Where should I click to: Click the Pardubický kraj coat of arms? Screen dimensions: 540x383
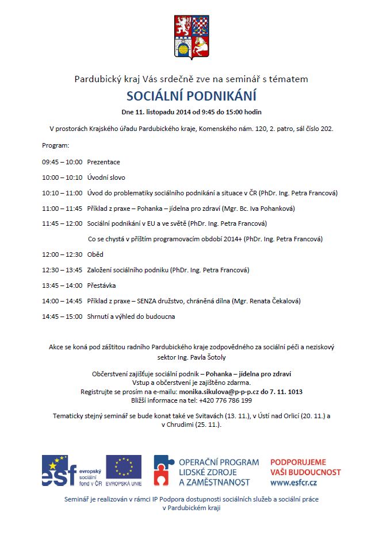point(191,38)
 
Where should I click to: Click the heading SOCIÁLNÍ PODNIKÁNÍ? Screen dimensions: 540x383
point(191,95)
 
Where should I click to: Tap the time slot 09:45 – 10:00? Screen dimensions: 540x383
point(62,162)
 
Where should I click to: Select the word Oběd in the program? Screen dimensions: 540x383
point(95,254)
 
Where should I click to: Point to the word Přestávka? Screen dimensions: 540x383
point(102,286)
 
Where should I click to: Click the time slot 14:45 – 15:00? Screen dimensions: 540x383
point(62,317)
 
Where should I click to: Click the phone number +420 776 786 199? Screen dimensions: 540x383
point(223,400)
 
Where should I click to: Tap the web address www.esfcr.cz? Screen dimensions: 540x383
point(294,483)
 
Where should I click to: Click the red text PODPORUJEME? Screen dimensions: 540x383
point(298,462)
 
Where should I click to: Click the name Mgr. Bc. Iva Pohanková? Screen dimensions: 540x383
point(261,209)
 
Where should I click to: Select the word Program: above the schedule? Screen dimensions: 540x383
point(56,146)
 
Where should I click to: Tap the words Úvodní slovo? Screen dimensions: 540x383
point(106,178)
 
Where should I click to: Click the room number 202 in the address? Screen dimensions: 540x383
point(327,129)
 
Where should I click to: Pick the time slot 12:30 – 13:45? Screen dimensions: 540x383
point(62,270)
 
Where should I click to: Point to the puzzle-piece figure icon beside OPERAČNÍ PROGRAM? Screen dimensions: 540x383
point(164,470)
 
